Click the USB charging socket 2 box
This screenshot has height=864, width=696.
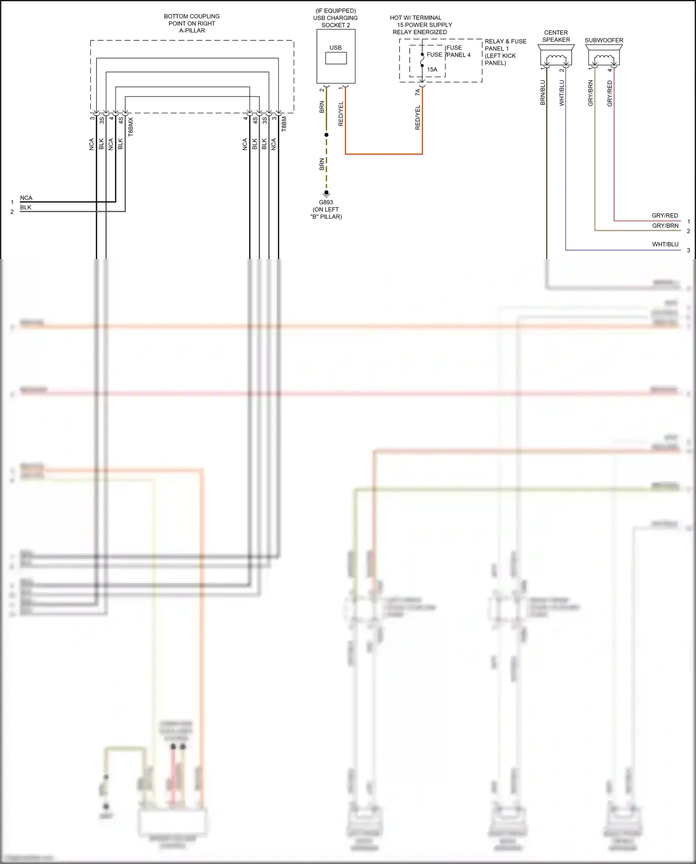click(x=335, y=56)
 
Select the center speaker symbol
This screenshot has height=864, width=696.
click(x=556, y=59)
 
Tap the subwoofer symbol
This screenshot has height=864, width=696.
click(x=604, y=58)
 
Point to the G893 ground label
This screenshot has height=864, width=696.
click(x=326, y=202)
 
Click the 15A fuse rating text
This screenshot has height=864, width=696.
click(x=432, y=70)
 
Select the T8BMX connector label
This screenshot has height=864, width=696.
click(x=131, y=126)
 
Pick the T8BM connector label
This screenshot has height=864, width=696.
click(x=284, y=124)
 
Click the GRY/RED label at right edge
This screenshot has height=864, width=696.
click(x=664, y=215)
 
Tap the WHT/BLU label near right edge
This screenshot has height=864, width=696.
click(x=665, y=244)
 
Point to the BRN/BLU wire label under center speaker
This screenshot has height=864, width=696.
click(x=542, y=92)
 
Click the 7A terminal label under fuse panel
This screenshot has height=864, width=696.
click(x=417, y=93)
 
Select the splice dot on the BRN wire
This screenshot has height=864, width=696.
click(x=326, y=135)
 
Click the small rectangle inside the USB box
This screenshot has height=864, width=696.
click(x=335, y=58)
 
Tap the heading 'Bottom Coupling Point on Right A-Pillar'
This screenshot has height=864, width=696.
click(x=192, y=23)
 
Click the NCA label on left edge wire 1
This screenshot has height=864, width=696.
click(x=26, y=198)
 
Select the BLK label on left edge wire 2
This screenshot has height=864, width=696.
click(x=26, y=208)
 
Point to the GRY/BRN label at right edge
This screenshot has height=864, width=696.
click(x=665, y=226)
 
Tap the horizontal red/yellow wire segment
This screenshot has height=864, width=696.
click(x=384, y=154)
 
